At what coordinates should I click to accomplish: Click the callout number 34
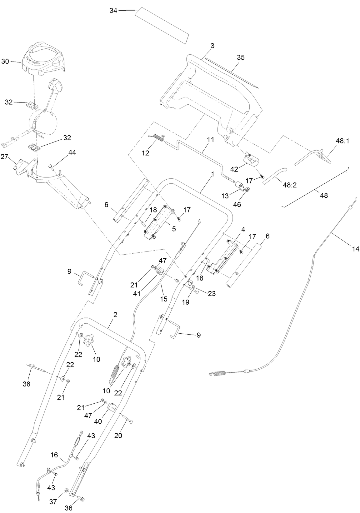click(x=113, y=11)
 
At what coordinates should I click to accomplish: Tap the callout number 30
click(x=5, y=61)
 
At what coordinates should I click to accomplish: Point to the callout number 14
click(x=356, y=249)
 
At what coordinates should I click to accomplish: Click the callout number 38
click(x=27, y=384)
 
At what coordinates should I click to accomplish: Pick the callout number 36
click(x=68, y=508)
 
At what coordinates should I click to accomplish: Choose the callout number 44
click(x=72, y=152)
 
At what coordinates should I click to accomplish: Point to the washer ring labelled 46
click(x=247, y=190)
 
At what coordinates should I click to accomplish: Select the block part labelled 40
click(x=112, y=407)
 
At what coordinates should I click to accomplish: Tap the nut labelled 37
click(x=67, y=491)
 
